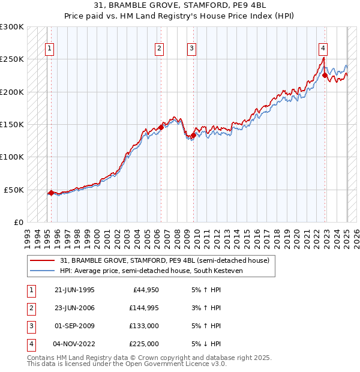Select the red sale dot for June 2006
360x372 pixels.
[161, 127]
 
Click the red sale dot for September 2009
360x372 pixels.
[193, 135]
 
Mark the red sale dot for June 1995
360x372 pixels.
[52, 193]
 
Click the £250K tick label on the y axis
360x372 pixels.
[12, 59]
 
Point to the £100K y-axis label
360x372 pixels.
[12, 157]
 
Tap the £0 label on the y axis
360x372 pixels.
[18, 222]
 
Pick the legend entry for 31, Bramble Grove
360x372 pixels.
[164, 260]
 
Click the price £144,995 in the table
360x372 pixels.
[144, 308]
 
